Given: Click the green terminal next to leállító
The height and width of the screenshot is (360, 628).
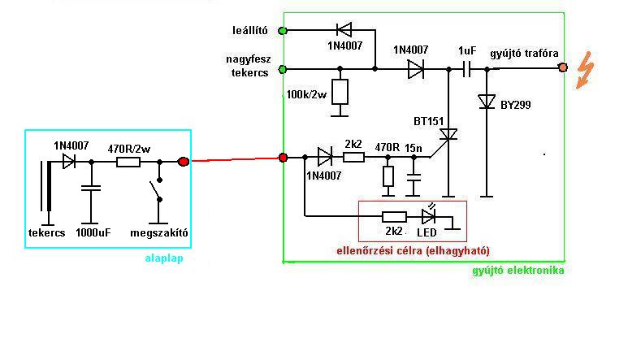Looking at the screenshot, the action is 283,30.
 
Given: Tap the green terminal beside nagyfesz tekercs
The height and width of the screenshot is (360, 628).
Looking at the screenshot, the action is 283,69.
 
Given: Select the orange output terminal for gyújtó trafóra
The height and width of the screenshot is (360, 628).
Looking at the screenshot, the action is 563,67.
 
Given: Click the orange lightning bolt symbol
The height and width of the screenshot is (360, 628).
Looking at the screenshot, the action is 584,70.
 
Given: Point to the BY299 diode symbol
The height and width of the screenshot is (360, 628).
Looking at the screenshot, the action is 487,102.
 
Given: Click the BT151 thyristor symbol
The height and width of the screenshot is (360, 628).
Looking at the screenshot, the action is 448,135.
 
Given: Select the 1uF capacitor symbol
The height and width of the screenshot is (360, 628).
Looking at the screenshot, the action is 466,69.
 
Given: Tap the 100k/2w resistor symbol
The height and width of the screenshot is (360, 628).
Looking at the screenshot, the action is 340,92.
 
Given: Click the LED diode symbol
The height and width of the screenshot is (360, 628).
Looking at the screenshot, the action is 429,216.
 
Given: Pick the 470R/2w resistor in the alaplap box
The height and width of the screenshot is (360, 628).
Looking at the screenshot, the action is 128,163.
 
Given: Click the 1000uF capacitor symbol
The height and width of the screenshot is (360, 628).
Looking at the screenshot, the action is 91,188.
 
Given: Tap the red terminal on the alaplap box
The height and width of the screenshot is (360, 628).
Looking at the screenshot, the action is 184,162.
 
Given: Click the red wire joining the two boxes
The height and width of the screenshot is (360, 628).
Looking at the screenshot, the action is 236,159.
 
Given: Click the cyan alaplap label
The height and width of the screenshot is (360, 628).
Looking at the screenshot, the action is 164,258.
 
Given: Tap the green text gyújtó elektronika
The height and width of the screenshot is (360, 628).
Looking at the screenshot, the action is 518,271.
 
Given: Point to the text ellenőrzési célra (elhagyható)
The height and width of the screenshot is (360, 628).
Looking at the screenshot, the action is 413,250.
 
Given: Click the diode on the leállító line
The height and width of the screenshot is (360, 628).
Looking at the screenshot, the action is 344,30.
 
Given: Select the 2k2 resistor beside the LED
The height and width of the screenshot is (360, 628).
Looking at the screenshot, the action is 395,217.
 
